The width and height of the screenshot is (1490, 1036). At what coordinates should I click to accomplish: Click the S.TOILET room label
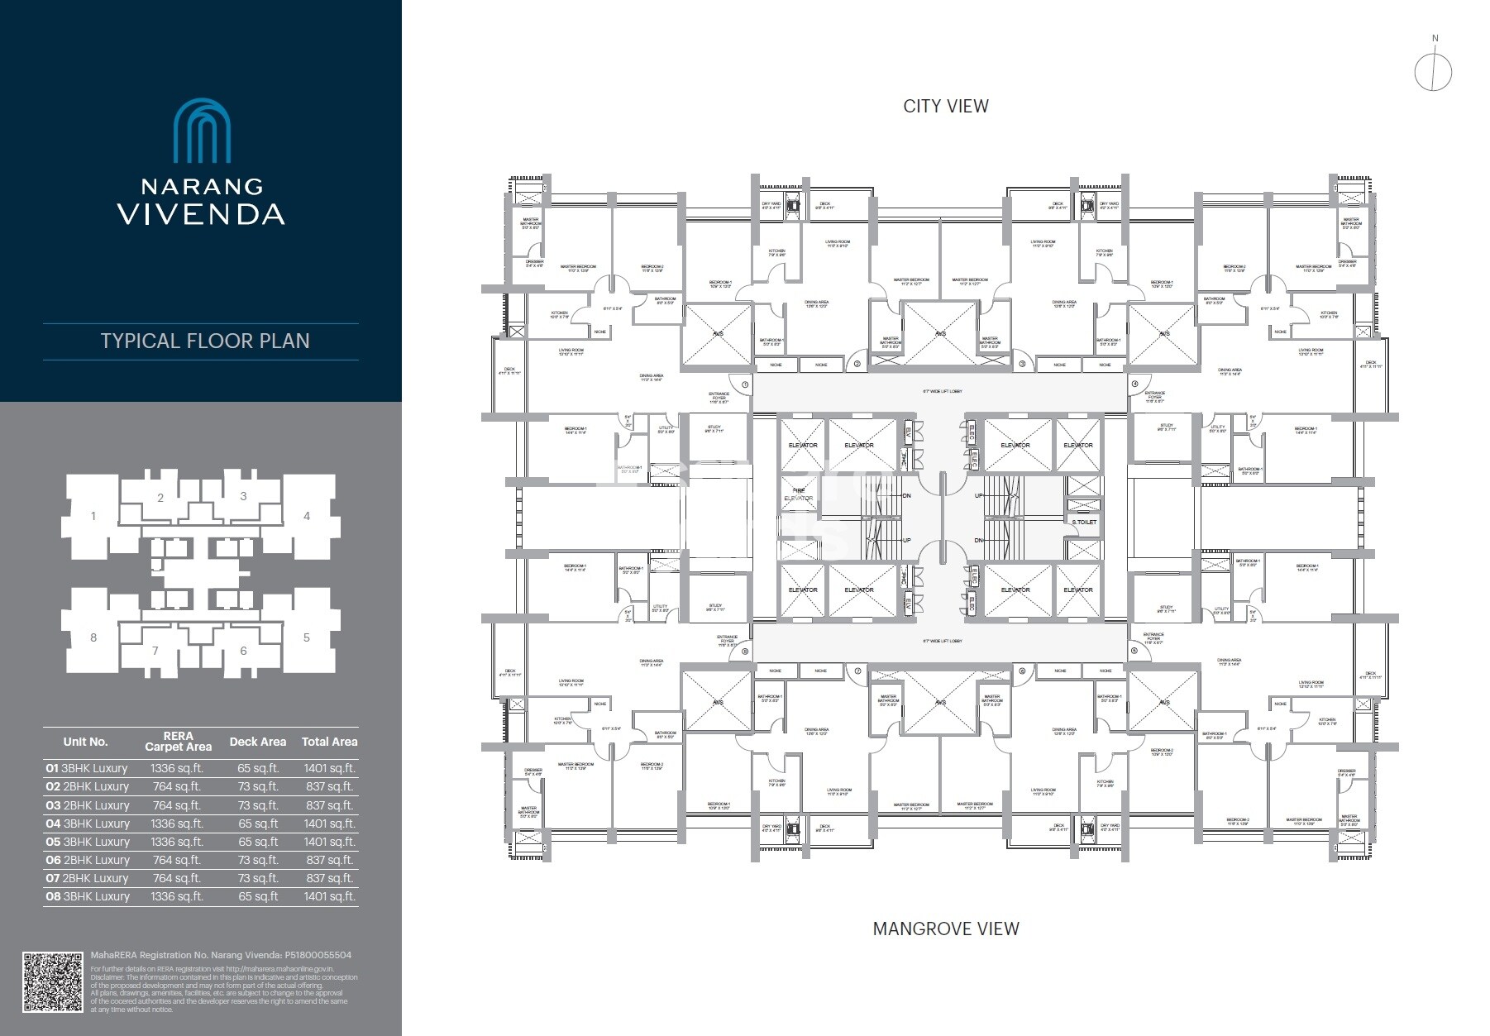coord(1084,522)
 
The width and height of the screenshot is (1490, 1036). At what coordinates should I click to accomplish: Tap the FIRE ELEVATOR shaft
coord(799,494)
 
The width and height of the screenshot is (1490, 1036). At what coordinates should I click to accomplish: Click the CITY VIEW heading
coord(946,106)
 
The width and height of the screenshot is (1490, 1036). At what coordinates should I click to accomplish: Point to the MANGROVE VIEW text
coord(946,929)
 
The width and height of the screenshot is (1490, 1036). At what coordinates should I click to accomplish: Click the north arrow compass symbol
coord(1433,72)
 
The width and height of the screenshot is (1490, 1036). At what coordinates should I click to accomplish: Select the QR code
coord(53,982)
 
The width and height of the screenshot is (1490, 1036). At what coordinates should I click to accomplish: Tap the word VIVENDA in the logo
coord(201,214)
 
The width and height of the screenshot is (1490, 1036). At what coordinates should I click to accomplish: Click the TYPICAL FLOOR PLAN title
coord(204,341)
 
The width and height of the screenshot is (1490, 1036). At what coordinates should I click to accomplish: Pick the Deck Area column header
coord(257,742)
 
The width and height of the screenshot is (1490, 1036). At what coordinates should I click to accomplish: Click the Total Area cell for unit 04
coord(329,824)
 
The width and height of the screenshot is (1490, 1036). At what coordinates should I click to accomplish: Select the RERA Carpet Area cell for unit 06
coord(177,860)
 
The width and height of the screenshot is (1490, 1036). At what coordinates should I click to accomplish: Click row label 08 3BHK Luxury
coord(88,896)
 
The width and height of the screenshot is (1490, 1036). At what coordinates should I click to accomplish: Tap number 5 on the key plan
coord(307,637)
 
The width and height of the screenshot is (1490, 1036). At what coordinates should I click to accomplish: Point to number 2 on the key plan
coord(160,498)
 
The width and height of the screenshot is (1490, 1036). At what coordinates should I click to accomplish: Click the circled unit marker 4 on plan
coord(1134,384)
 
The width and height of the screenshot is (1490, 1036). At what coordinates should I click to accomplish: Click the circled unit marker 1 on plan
coord(745,384)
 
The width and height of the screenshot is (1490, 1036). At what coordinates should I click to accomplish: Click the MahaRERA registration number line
coord(221,955)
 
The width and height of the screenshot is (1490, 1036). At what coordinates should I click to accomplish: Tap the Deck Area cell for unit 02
coord(257,786)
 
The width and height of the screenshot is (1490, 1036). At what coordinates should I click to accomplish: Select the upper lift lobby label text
coord(942,391)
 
